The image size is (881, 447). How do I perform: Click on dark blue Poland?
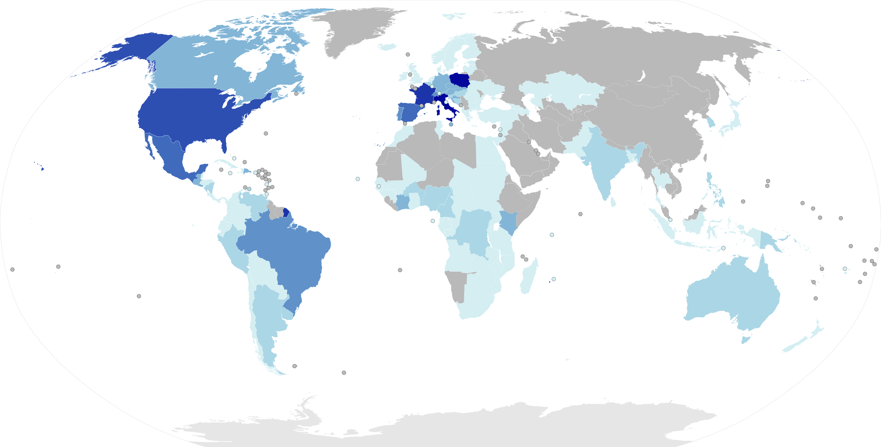pos(459,81)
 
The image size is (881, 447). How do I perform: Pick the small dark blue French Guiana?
pos(286,212)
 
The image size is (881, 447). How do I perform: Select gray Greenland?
pos(359,31)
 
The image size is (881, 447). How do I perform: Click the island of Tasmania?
pos(746,339)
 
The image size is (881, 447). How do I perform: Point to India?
pos(602,164)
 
